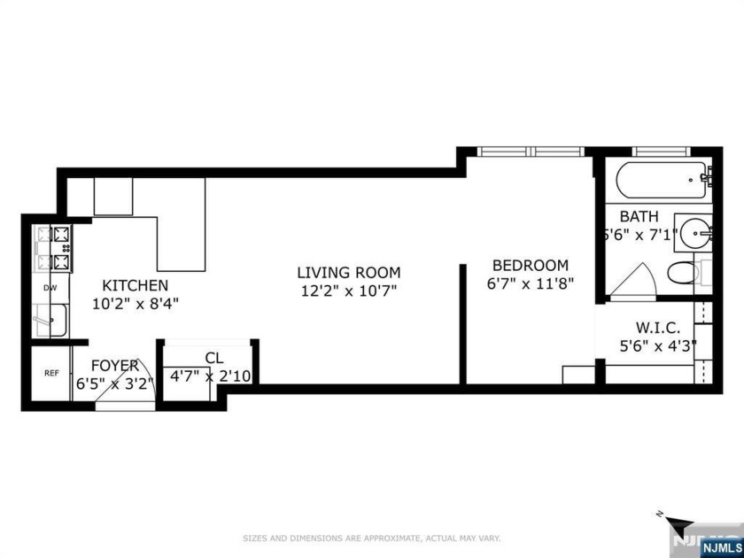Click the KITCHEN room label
[x=135, y=285]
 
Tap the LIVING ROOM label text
[x=348, y=273]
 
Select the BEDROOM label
[x=530, y=265]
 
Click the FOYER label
[x=114, y=365]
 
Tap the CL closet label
[x=213, y=358]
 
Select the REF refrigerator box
[x=51, y=373]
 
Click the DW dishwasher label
[x=50, y=288]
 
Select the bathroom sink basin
[x=697, y=234]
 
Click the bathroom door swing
[x=634, y=283]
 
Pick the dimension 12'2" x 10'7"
[x=348, y=291]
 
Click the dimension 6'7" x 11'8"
[x=530, y=283]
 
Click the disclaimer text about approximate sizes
[x=372, y=537]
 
